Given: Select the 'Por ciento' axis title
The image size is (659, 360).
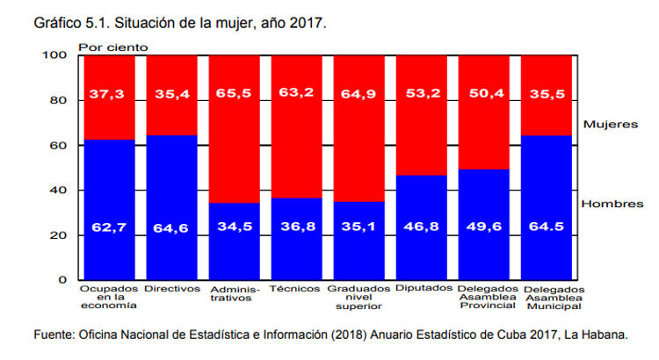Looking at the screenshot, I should (x=113, y=47).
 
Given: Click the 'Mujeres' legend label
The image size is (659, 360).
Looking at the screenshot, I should (x=610, y=125).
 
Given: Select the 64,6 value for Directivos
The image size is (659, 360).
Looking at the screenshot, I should (x=171, y=228).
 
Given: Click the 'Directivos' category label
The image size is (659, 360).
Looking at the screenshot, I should (x=171, y=288).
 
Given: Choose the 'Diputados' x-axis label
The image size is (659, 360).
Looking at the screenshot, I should (x=422, y=288).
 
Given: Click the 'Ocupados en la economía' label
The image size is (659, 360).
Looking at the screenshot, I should (x=108, y=297).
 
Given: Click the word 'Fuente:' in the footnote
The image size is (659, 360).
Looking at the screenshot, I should (x=54, y=335).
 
